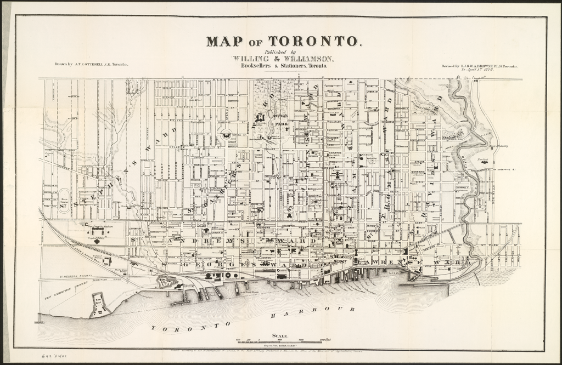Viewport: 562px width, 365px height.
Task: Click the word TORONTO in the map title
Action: point(314,41)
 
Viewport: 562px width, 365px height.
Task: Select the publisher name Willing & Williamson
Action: point(282,58)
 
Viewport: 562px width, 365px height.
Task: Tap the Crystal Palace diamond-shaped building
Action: point(98,240)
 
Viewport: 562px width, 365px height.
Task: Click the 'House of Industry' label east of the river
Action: point(501,146)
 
